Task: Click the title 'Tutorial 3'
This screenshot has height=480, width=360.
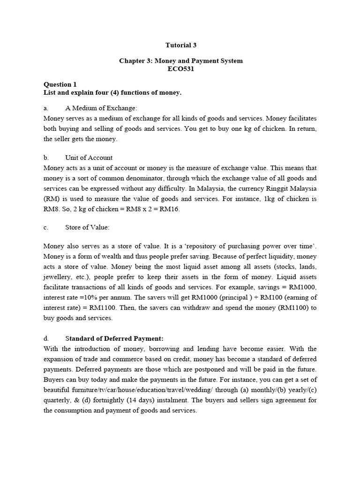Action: pos(181,45)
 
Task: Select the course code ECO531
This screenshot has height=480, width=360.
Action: pos(181,69)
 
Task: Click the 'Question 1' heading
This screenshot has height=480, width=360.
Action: pos(60,85)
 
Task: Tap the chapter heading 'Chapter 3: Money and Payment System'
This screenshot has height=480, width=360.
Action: pos(181,61)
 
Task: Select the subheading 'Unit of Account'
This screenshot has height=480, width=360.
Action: pos(89,157)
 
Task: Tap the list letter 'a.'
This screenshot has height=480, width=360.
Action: pos(46,108)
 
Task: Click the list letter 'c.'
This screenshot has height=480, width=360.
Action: pos(46,227)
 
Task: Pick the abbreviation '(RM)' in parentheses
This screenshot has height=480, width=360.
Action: pos(52,199)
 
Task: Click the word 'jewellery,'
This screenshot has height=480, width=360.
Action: pos(58,277)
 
